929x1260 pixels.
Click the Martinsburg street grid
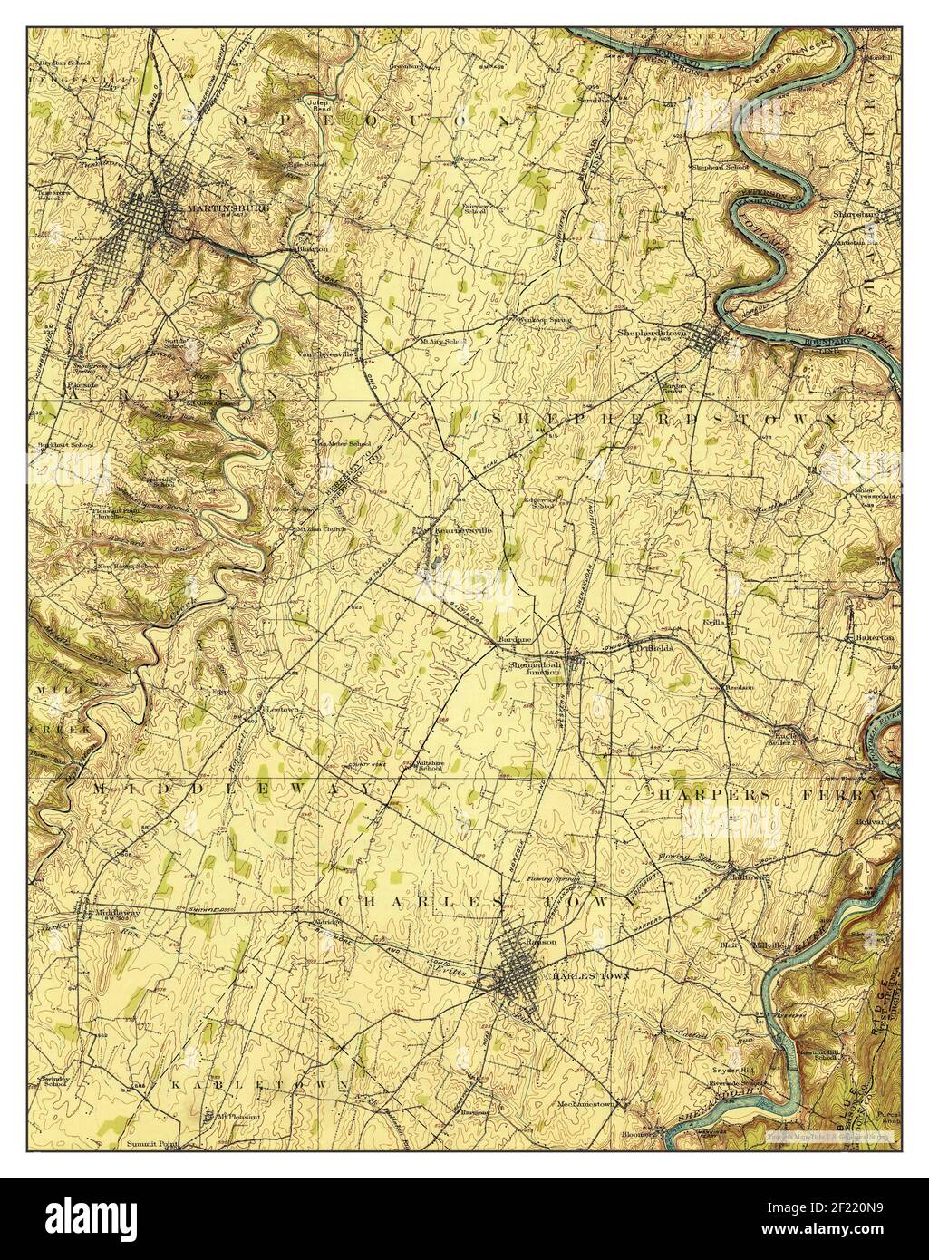(145, 218)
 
